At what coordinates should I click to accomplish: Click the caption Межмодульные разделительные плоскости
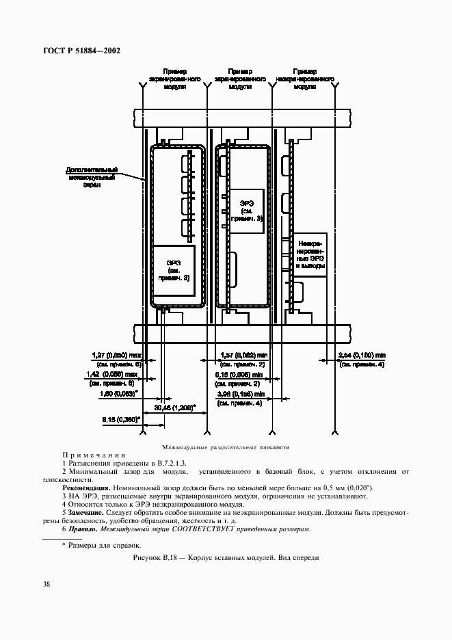tap(226, 447)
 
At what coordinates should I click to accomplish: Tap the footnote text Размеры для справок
tap(105, 545)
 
